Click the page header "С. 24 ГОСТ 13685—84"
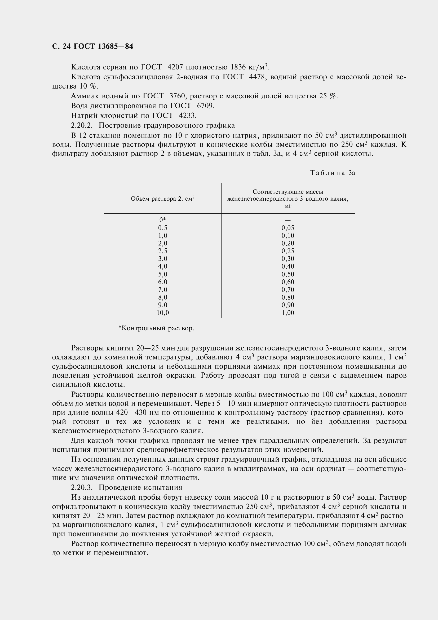(92, 47)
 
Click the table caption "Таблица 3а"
(333, 173)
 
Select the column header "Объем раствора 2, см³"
(163, 199)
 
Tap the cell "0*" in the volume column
(162, 220)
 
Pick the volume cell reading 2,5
(162, 251)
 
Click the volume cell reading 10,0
(162, 313)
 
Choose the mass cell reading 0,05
(288, 228)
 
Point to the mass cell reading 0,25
(288, 251)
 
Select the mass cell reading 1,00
(288, 313)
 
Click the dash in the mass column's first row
(288, 220)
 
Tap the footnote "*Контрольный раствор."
(156, 328)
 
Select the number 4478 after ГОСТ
(258, 77)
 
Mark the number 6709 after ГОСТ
(205, 106)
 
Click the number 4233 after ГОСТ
(187, 116)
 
